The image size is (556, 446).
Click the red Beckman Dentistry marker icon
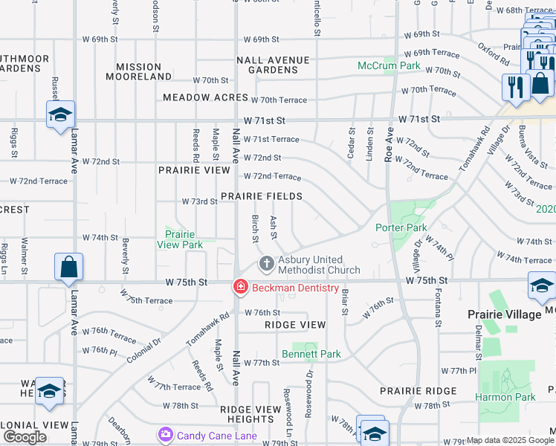(x=239, y=286)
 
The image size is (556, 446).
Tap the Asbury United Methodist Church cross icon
(x=266, y=264)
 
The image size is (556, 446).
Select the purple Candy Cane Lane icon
(x=165, y=434)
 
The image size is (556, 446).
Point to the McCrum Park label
(x=389, y=65)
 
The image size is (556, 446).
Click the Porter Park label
(x=401, y=227)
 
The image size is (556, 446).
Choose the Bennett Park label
(x=311, y=354)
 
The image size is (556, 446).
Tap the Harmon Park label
(x=505, y=397)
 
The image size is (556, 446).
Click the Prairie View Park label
(x=180, y=239)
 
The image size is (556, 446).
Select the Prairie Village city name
(x=504, y=314)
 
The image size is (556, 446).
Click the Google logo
(x=25, y=437)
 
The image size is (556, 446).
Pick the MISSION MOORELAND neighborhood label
(x=139, y=71)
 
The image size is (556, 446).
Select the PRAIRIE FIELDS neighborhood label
(x=261, y=196)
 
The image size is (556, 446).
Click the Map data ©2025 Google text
(x=510, y=440)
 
